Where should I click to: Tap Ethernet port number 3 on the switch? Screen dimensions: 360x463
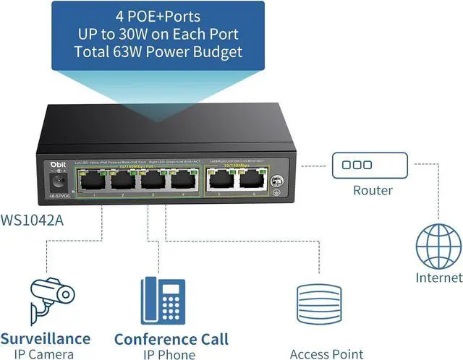coord(151,182)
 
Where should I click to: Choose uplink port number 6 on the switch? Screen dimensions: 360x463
coord(248,181)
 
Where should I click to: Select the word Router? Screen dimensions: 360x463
coord(373,191)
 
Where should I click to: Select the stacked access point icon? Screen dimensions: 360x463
coord(318,307)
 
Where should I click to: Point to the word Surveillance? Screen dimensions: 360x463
coord(45,338)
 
